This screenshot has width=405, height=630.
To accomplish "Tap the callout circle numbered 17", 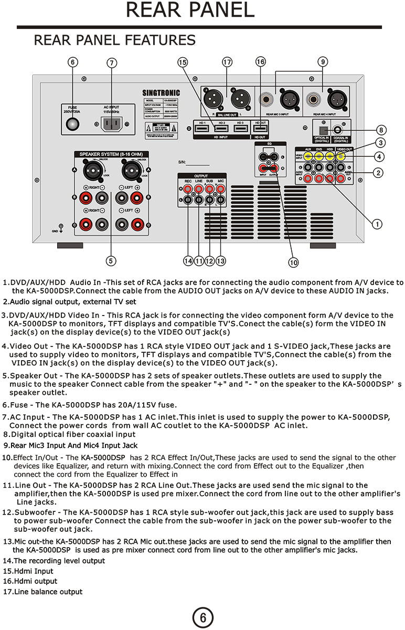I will point(227,62).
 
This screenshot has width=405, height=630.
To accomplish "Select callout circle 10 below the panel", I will point(293,261).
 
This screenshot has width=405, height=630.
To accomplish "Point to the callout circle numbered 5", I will point(111,260).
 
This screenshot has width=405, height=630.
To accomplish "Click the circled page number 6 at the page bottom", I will point(202,617).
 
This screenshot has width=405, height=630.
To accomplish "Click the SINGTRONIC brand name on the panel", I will point(161,92).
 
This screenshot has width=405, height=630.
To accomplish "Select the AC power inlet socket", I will point(111,124).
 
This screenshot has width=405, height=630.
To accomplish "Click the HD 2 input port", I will point(221,128).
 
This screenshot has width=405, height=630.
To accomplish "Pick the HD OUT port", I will point(260,128).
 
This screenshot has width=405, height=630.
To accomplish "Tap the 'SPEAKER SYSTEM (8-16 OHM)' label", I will point(111,154).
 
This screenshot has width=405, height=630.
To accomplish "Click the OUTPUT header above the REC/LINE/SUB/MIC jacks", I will point(201,175).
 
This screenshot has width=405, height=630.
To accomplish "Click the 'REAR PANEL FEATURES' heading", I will point(114,40).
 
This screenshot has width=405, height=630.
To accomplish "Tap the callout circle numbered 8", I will point(381,130).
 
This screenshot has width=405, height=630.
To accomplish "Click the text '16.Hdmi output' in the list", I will point(30,581).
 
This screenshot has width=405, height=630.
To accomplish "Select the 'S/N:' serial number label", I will point(183,163).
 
